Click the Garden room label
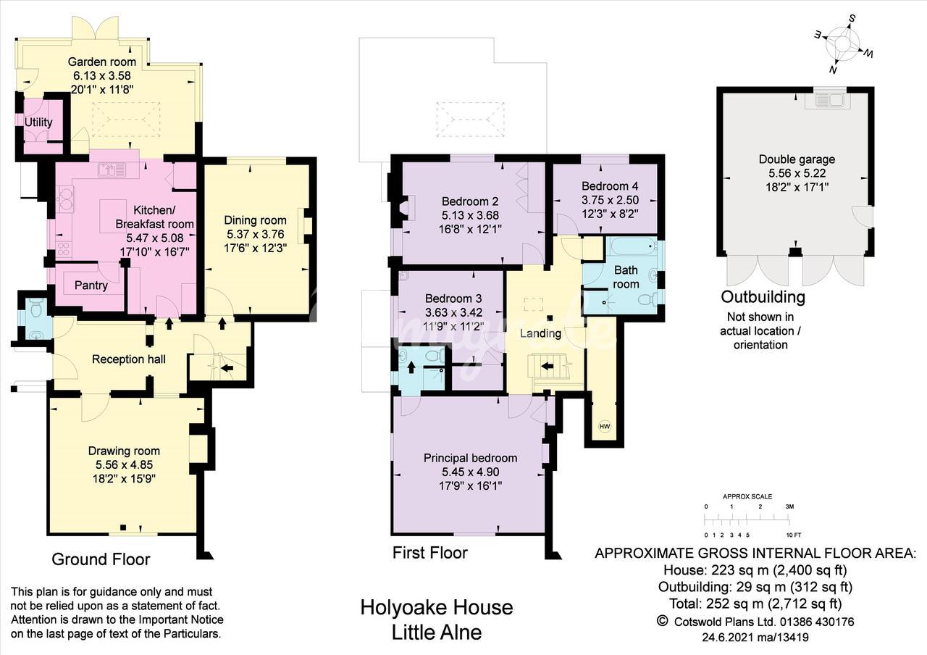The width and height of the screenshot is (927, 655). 102,62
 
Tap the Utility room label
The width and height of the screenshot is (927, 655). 38,122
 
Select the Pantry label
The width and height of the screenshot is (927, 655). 91,285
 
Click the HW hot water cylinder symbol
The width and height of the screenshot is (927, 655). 605,427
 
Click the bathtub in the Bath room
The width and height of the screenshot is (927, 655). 632,247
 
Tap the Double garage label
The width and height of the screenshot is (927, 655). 797,159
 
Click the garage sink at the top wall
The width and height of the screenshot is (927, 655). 826,100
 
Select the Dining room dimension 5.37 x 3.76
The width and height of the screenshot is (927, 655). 256,234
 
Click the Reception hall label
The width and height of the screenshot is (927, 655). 129,359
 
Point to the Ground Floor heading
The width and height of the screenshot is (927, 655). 101,559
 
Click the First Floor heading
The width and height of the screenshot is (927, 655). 430,553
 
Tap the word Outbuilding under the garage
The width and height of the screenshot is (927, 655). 763,297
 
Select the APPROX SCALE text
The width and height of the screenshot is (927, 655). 747,496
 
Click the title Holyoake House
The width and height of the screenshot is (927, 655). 437,608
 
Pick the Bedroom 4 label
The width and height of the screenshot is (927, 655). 610,186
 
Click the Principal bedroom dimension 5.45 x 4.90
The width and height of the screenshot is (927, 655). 471,472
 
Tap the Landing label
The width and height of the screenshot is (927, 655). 540,333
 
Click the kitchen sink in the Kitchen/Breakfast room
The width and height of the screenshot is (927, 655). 112,170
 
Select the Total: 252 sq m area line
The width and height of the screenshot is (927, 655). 755,604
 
